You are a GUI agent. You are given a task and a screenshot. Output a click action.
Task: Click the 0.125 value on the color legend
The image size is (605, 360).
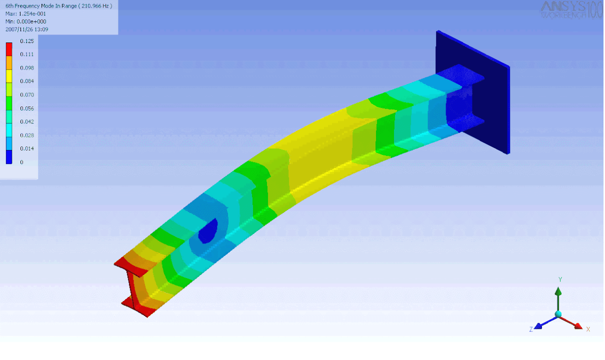pyautogui.click(x=27, y=41)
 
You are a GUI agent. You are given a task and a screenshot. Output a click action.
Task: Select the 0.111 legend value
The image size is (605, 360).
pyautogui.click(x=27, y=54)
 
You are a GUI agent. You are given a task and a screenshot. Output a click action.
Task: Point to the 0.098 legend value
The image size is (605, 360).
pyautogui.click(x=27, y=67)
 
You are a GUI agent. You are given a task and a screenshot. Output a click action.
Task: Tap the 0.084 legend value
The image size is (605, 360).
pyautogui.click(x=27, y=81)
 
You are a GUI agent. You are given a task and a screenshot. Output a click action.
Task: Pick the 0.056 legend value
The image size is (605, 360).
pyautogui.click(x=27, y=108)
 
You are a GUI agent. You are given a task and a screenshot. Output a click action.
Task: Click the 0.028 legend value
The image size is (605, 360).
pyautogui.click(x=27, y=135)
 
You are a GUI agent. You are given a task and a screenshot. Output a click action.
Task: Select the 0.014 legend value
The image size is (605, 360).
pyautogui.click(x=27, y=148)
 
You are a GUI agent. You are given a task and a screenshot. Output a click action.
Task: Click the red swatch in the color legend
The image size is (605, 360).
pyautogui.click(x=9, y=49)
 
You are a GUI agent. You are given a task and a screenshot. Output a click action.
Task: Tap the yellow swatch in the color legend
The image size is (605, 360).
pyautogui.click(x=9, y=76)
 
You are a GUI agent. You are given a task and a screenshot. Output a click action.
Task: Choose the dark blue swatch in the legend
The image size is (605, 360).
pyautogui.click(x=9, y=157)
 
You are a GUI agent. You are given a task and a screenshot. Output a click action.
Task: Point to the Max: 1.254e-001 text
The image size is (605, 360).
pyautogui.click(x=25, y=13)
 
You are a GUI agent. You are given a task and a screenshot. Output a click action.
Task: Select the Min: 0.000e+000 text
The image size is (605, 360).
pyautogui.click(x=25, y=21)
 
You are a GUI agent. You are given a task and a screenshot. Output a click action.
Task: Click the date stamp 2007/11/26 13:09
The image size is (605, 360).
pyautogui.click(x=26, y=29)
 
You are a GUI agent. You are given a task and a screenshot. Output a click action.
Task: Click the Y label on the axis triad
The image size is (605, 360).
pyautogui.click(x=560, y=279)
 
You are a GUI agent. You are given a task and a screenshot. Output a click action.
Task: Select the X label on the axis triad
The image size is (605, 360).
pyautogui.click(x=588, y=329)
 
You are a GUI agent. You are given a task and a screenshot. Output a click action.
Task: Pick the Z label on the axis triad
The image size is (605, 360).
pyautogui.click(x=531, y=329)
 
